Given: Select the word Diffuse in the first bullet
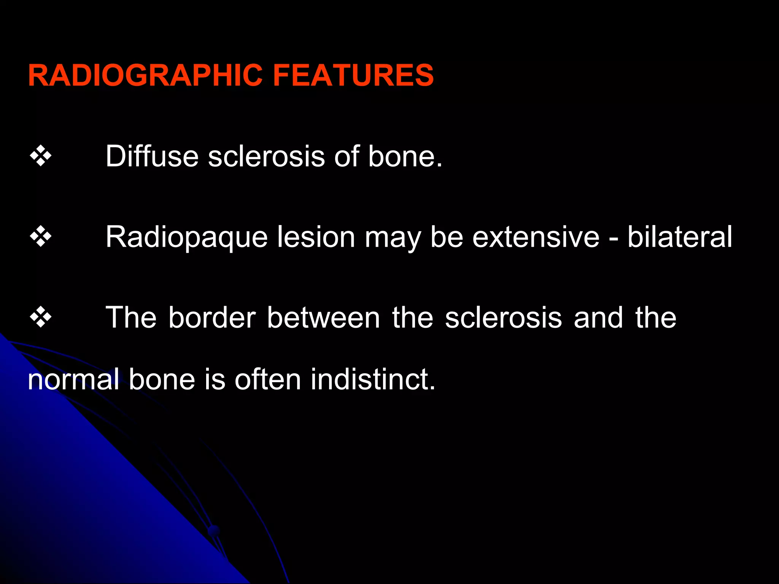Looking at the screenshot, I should [x=152, y=156].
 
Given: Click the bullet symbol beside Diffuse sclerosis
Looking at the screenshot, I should [x=41, y=156].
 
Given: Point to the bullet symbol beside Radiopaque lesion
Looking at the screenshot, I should [x=41, y=236].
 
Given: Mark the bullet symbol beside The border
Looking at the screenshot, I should [x=41, y=317].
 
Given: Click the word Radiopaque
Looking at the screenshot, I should [x=186, y=237].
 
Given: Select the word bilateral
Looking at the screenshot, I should [x=679, y=236].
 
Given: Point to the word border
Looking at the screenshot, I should [x=212, y=317].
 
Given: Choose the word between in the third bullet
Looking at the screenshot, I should [x=323, y=317].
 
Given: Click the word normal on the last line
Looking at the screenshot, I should [x=73, y=379].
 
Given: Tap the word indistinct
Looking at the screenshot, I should [x=373, y=379].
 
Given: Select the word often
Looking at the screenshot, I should [x=268, y=379].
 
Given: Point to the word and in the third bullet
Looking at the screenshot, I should [x=598, y=317].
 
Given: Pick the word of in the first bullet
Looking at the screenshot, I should [x=347, y=156].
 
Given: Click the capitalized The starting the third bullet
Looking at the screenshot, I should [x=131, y=317].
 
